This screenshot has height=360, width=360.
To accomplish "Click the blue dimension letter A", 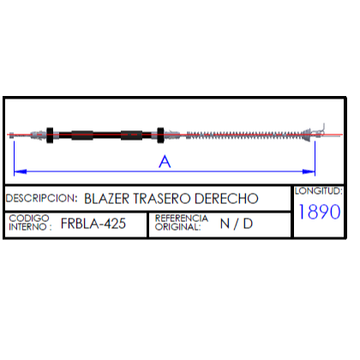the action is (165, 161).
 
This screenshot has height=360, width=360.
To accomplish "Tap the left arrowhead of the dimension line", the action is (21, 171).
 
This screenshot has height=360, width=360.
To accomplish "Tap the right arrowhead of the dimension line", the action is (309, 171).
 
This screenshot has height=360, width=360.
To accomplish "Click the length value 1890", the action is (320, 212).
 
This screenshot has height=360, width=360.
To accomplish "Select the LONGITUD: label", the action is (319, 191).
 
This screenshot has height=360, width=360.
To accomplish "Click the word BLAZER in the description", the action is (106, 199).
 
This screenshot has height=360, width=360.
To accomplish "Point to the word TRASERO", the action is (162, 199).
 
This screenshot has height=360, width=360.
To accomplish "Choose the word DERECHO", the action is (226, 199).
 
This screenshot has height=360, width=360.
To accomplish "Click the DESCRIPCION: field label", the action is (41, 198).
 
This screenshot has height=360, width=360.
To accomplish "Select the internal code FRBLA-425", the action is (93, 224).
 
